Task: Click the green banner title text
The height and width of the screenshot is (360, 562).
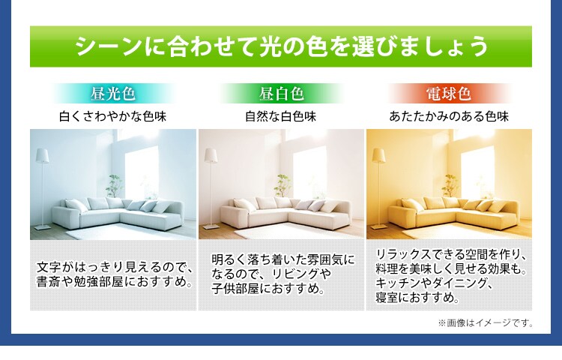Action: coord(281,46)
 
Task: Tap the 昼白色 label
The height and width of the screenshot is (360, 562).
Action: coord(281,94)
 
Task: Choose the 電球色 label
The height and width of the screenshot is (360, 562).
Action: coord(449,94)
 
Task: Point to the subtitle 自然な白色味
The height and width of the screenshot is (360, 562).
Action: coord(281,117)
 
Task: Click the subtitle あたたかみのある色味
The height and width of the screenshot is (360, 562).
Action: coord(449,117)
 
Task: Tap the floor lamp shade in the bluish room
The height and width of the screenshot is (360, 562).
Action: coord(43,156)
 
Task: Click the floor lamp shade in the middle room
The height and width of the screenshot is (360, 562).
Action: coord(211,156)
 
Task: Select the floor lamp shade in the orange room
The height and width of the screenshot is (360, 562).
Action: coord(379,156)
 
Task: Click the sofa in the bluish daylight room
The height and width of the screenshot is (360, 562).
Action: coord(120,214)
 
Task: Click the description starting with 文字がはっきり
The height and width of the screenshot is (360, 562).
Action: coord(115,275)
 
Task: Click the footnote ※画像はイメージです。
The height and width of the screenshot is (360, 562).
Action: coord(486,323)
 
